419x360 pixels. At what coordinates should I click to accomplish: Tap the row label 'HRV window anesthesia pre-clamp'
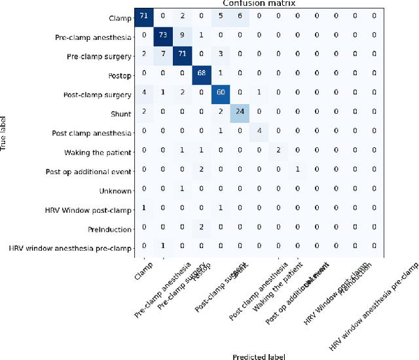(69, 248)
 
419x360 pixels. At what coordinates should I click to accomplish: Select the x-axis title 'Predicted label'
(259, 355)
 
